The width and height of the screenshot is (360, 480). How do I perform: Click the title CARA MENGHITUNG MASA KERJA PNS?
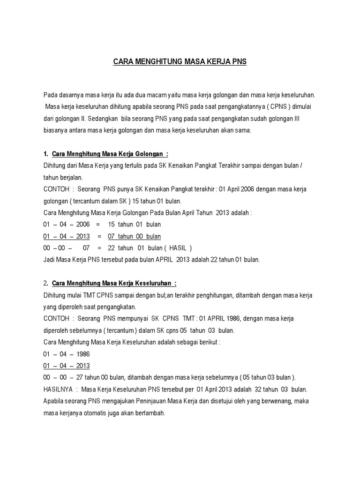coord(180,61)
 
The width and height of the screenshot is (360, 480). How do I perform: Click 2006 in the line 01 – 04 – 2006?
coord(82,225)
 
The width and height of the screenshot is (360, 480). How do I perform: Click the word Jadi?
coord(49,260)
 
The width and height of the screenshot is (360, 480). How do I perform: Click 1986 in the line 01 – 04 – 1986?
coord(82,354)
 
